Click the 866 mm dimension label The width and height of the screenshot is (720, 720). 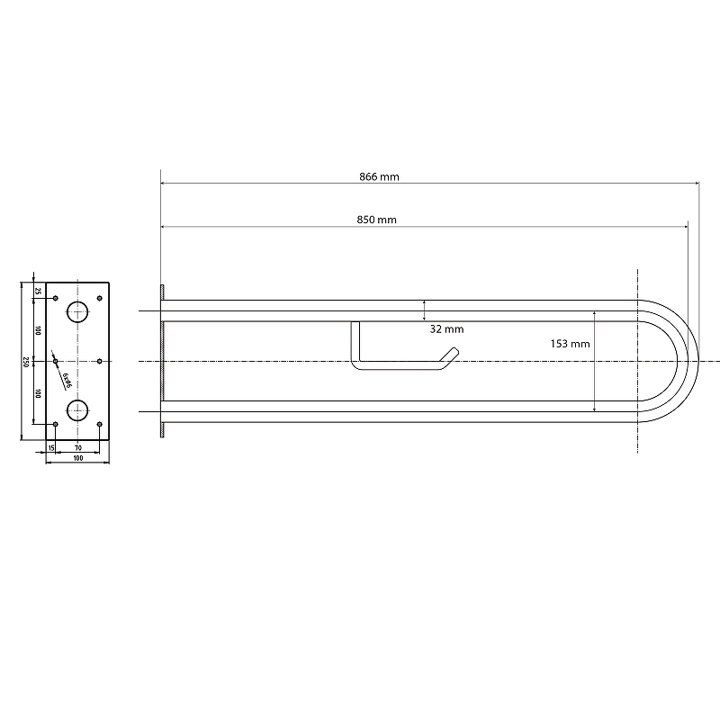(x=379, y=176)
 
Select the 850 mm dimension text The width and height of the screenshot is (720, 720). (x=376, y=220)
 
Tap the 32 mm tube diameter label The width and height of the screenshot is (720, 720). (x=446, y=329)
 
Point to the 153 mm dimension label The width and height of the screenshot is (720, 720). (x=570, y=344)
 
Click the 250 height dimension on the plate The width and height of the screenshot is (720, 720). (x=26, y=362)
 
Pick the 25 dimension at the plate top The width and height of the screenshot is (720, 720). (x=38, y=291)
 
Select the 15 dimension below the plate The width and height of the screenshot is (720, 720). (x=51, y=447)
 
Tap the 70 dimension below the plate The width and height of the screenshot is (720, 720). (x=78, y=447)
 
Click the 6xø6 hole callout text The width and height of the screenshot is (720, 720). (x=67, y=381)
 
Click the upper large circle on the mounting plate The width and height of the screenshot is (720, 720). (x=77, y=311)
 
